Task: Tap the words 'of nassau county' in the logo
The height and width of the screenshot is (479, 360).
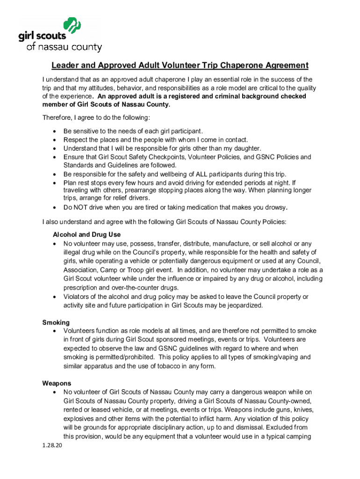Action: pos(65,47)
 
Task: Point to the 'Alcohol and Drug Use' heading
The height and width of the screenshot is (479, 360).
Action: pos(87,234)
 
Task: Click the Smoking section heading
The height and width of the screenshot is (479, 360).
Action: pos(56,322)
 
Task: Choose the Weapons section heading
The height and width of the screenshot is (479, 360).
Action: pos(57,383)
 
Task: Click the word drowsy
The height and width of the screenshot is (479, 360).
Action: pos(274,207)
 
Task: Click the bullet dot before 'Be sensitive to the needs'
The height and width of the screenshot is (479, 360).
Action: pos(56,131)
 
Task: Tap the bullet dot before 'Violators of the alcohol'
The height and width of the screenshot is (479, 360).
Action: pos(56,297)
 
